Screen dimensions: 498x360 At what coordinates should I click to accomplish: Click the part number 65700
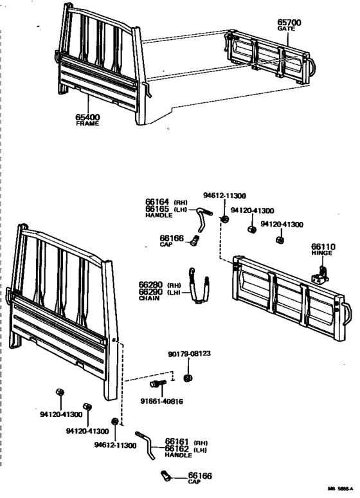tap(289, 23)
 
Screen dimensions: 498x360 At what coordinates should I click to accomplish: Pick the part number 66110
tap(323, 246)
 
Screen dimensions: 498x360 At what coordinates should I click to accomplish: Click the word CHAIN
tap(149, 298)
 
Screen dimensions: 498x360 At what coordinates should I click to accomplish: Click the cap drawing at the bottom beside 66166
tap(165, 477)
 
